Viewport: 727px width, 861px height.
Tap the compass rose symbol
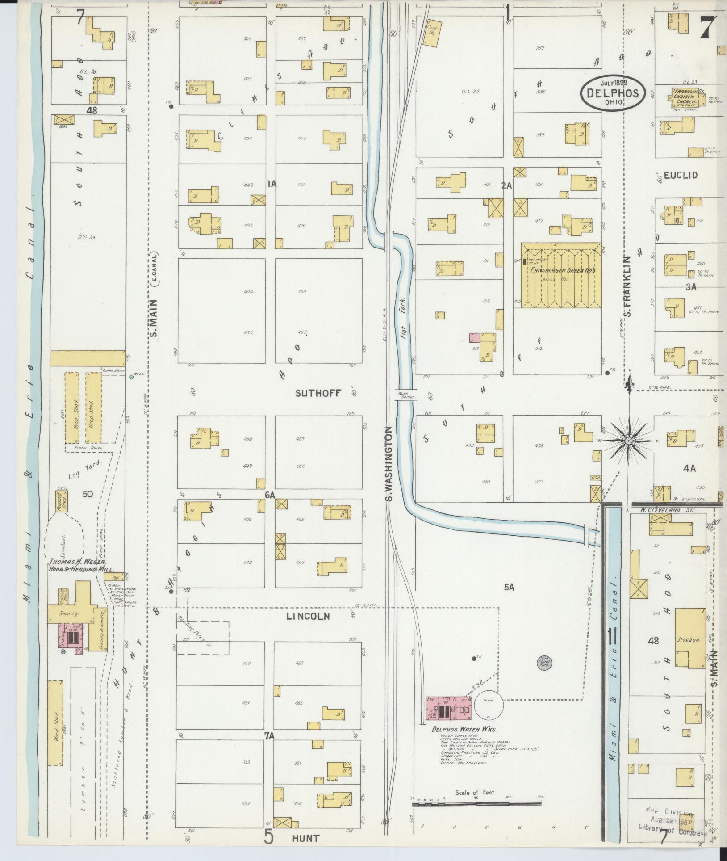pyautogui.click(x=628, y=441)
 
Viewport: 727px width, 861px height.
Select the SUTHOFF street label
pyautogui.click(x=318, y=393)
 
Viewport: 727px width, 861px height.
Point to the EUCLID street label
pyautogui.click(x=681, y=175)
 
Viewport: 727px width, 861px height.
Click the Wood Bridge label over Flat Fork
pyautogui.click(x=405, y=395)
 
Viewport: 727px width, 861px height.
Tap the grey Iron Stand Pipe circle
pyautogui.click(x=544, y=662)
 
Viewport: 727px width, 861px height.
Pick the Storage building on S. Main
pyautogui.click(x=690, y=639)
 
